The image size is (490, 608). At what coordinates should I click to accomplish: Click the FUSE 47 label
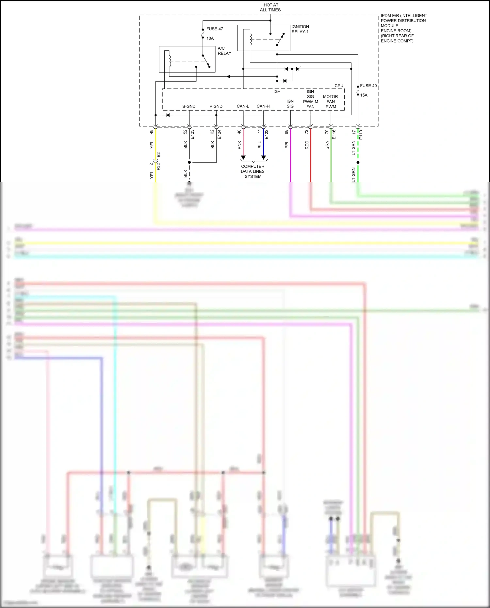[214, 29]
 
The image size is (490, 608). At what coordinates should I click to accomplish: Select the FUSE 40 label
[368, 86]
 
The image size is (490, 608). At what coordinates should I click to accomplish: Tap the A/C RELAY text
[224, 51]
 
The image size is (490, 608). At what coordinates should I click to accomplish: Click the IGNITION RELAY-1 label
[300, 29]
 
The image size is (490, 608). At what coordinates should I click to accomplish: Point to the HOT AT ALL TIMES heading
[270, 8]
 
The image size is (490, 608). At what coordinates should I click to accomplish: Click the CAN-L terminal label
[243, 106]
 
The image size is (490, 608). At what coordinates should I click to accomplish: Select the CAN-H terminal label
[263, 106]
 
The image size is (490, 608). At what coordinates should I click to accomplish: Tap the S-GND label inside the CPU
[189, 107]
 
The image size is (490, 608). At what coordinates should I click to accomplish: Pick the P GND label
[216, 107]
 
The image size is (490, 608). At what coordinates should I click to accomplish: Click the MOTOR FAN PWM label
[331, 102]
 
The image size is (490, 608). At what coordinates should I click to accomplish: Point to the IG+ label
[277, 91]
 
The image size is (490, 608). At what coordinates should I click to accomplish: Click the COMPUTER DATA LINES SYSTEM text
[253, 171]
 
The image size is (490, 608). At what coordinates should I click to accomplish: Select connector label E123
[192, 134]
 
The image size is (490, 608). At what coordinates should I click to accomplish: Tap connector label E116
[334, 134]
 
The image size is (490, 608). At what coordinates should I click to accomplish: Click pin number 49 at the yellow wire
[151, 132]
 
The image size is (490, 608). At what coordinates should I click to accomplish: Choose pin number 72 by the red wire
[306, 132]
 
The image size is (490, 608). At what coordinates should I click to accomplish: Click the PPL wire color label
[286, 145]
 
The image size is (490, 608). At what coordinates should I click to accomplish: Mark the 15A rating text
[364, 95]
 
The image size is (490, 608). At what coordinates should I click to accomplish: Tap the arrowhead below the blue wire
[263, 158]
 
